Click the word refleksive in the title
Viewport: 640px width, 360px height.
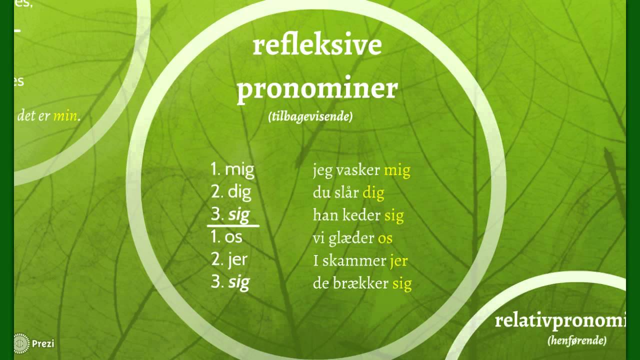(317, 45)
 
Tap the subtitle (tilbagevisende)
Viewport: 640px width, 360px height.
(310, 117)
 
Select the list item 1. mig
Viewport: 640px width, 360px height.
(232, 170)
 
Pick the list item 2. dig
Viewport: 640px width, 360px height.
(231, 192)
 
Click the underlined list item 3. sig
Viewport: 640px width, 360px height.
(230, 215)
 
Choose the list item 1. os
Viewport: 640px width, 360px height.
(226, 237)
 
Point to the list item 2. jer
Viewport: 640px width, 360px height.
(229, 259)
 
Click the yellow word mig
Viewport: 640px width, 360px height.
(397, 171)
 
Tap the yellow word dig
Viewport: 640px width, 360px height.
(373, 193)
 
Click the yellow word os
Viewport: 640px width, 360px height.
(385, 238)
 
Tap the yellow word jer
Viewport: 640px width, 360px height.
(398, 260)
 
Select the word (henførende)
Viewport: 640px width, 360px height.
(576, 341)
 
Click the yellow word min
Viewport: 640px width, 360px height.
(65, 116)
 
